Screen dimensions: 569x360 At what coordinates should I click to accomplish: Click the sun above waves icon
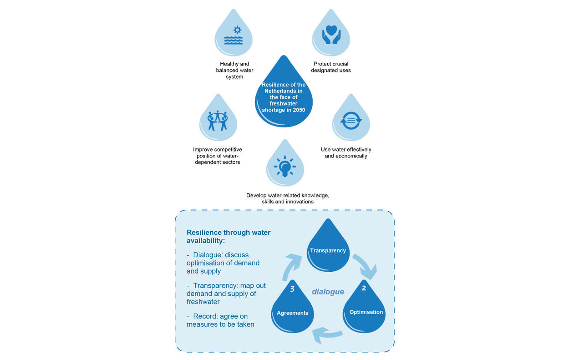click(x=234, y=35)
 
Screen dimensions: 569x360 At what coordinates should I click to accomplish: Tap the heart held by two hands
click(x=331, y=30)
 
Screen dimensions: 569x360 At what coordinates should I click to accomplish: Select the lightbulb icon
click(x=285, y=166)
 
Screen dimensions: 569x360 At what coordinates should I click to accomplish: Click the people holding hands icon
click(x=218, y=121)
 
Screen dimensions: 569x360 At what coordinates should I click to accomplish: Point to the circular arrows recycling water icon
click(x=351, y=121)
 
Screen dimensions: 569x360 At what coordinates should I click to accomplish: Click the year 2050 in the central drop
click(x=299, y=110)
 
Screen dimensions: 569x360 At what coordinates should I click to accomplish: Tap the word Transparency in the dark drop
click(x=328, y=250)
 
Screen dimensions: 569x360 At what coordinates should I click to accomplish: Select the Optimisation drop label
click(x=366, y=312)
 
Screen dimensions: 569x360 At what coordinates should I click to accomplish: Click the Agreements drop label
click(x=292, y=313)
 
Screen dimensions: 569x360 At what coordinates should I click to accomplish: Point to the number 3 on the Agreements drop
click(x=292, y=289)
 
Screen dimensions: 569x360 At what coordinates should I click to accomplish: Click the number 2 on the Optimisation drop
click(x=364, y=288)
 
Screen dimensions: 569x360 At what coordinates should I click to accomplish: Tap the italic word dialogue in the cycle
click(x=328, y=292)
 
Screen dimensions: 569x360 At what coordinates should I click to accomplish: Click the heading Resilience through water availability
click(x=229, y=237)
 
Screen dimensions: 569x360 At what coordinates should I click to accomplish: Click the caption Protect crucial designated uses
click(x=331, y=67)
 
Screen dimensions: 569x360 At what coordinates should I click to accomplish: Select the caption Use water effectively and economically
click(x=346, y=152)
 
